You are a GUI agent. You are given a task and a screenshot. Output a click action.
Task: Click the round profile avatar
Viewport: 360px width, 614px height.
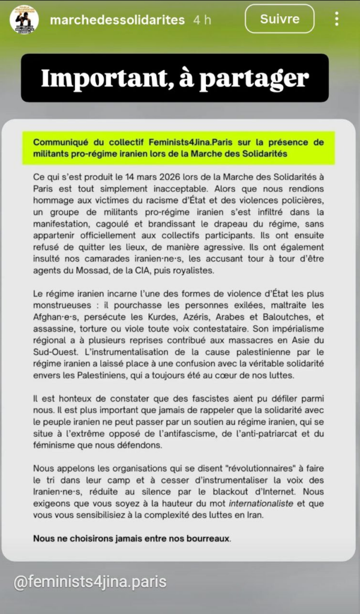coord(25,20)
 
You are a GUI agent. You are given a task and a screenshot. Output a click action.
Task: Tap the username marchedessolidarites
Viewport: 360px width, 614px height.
coord(118,20)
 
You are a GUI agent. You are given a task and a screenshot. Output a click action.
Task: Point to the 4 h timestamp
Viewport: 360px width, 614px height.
coord(202,20)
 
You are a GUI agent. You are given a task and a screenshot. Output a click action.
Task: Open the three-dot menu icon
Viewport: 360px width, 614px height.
coord(337,20)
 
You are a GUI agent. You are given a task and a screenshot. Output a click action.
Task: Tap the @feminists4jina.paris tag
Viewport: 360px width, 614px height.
coord(91,581)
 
